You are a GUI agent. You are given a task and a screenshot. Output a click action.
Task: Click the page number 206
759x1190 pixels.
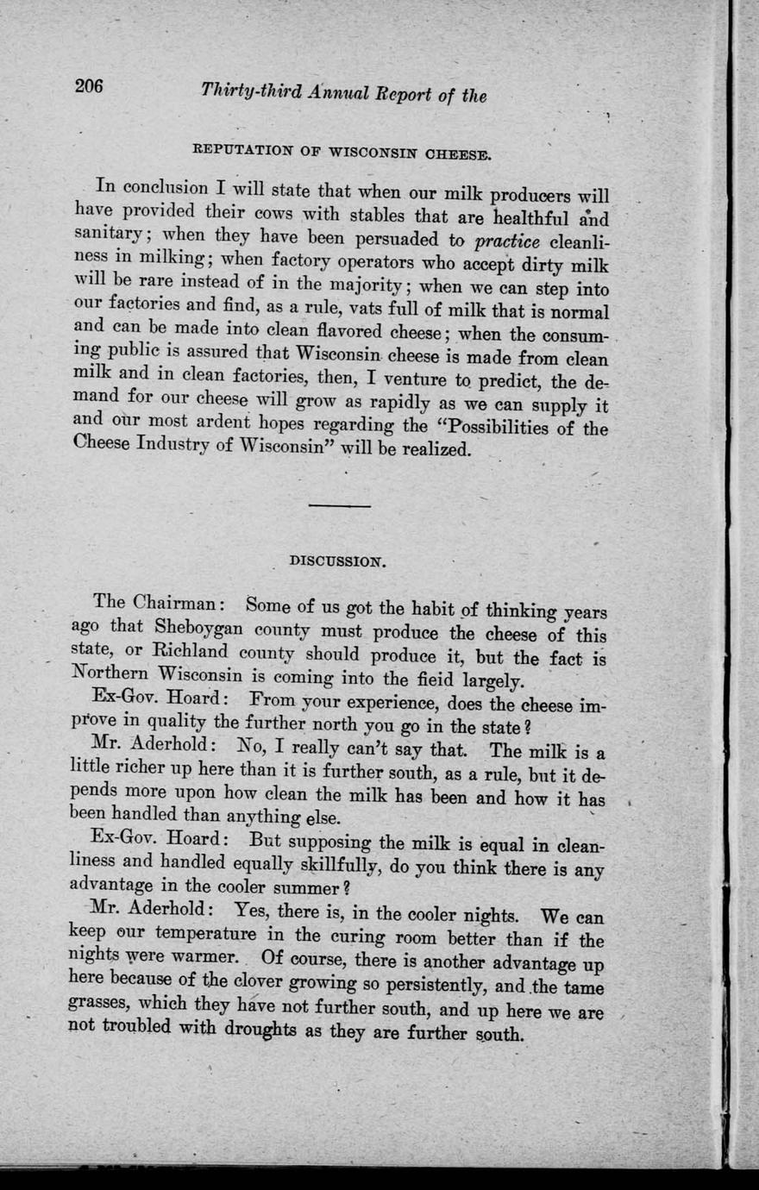pos(88,85)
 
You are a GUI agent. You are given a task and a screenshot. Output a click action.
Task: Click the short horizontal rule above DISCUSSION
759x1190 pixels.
pos(339,505)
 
